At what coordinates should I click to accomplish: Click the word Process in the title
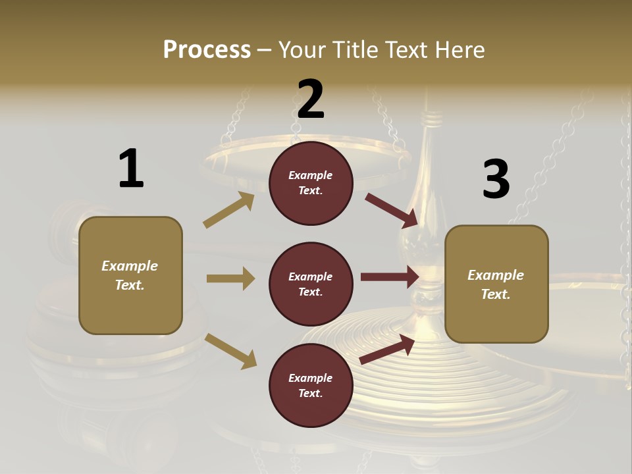click(x=207, y=49)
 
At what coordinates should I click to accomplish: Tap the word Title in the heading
click(x=356, y=49)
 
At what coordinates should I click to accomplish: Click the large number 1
click(x=131, y=169)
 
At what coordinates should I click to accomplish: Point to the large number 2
click(x=311, y=99)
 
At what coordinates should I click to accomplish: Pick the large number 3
click(x=496, y=179)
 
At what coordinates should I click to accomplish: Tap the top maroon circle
click(x=311, y=183)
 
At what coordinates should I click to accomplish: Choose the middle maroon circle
click(x=311, y=284)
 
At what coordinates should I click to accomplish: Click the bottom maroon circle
click(x=311, y=386)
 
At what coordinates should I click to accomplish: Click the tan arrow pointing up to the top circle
click(x=228, y=211)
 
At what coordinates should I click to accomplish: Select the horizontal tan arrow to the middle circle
click(x=230, y=278)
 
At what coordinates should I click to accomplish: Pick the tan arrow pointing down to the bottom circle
click(x=230, y=351)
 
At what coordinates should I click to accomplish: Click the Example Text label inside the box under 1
click(x=130, y=275)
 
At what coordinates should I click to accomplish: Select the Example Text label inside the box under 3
click(x=496, y=284)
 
